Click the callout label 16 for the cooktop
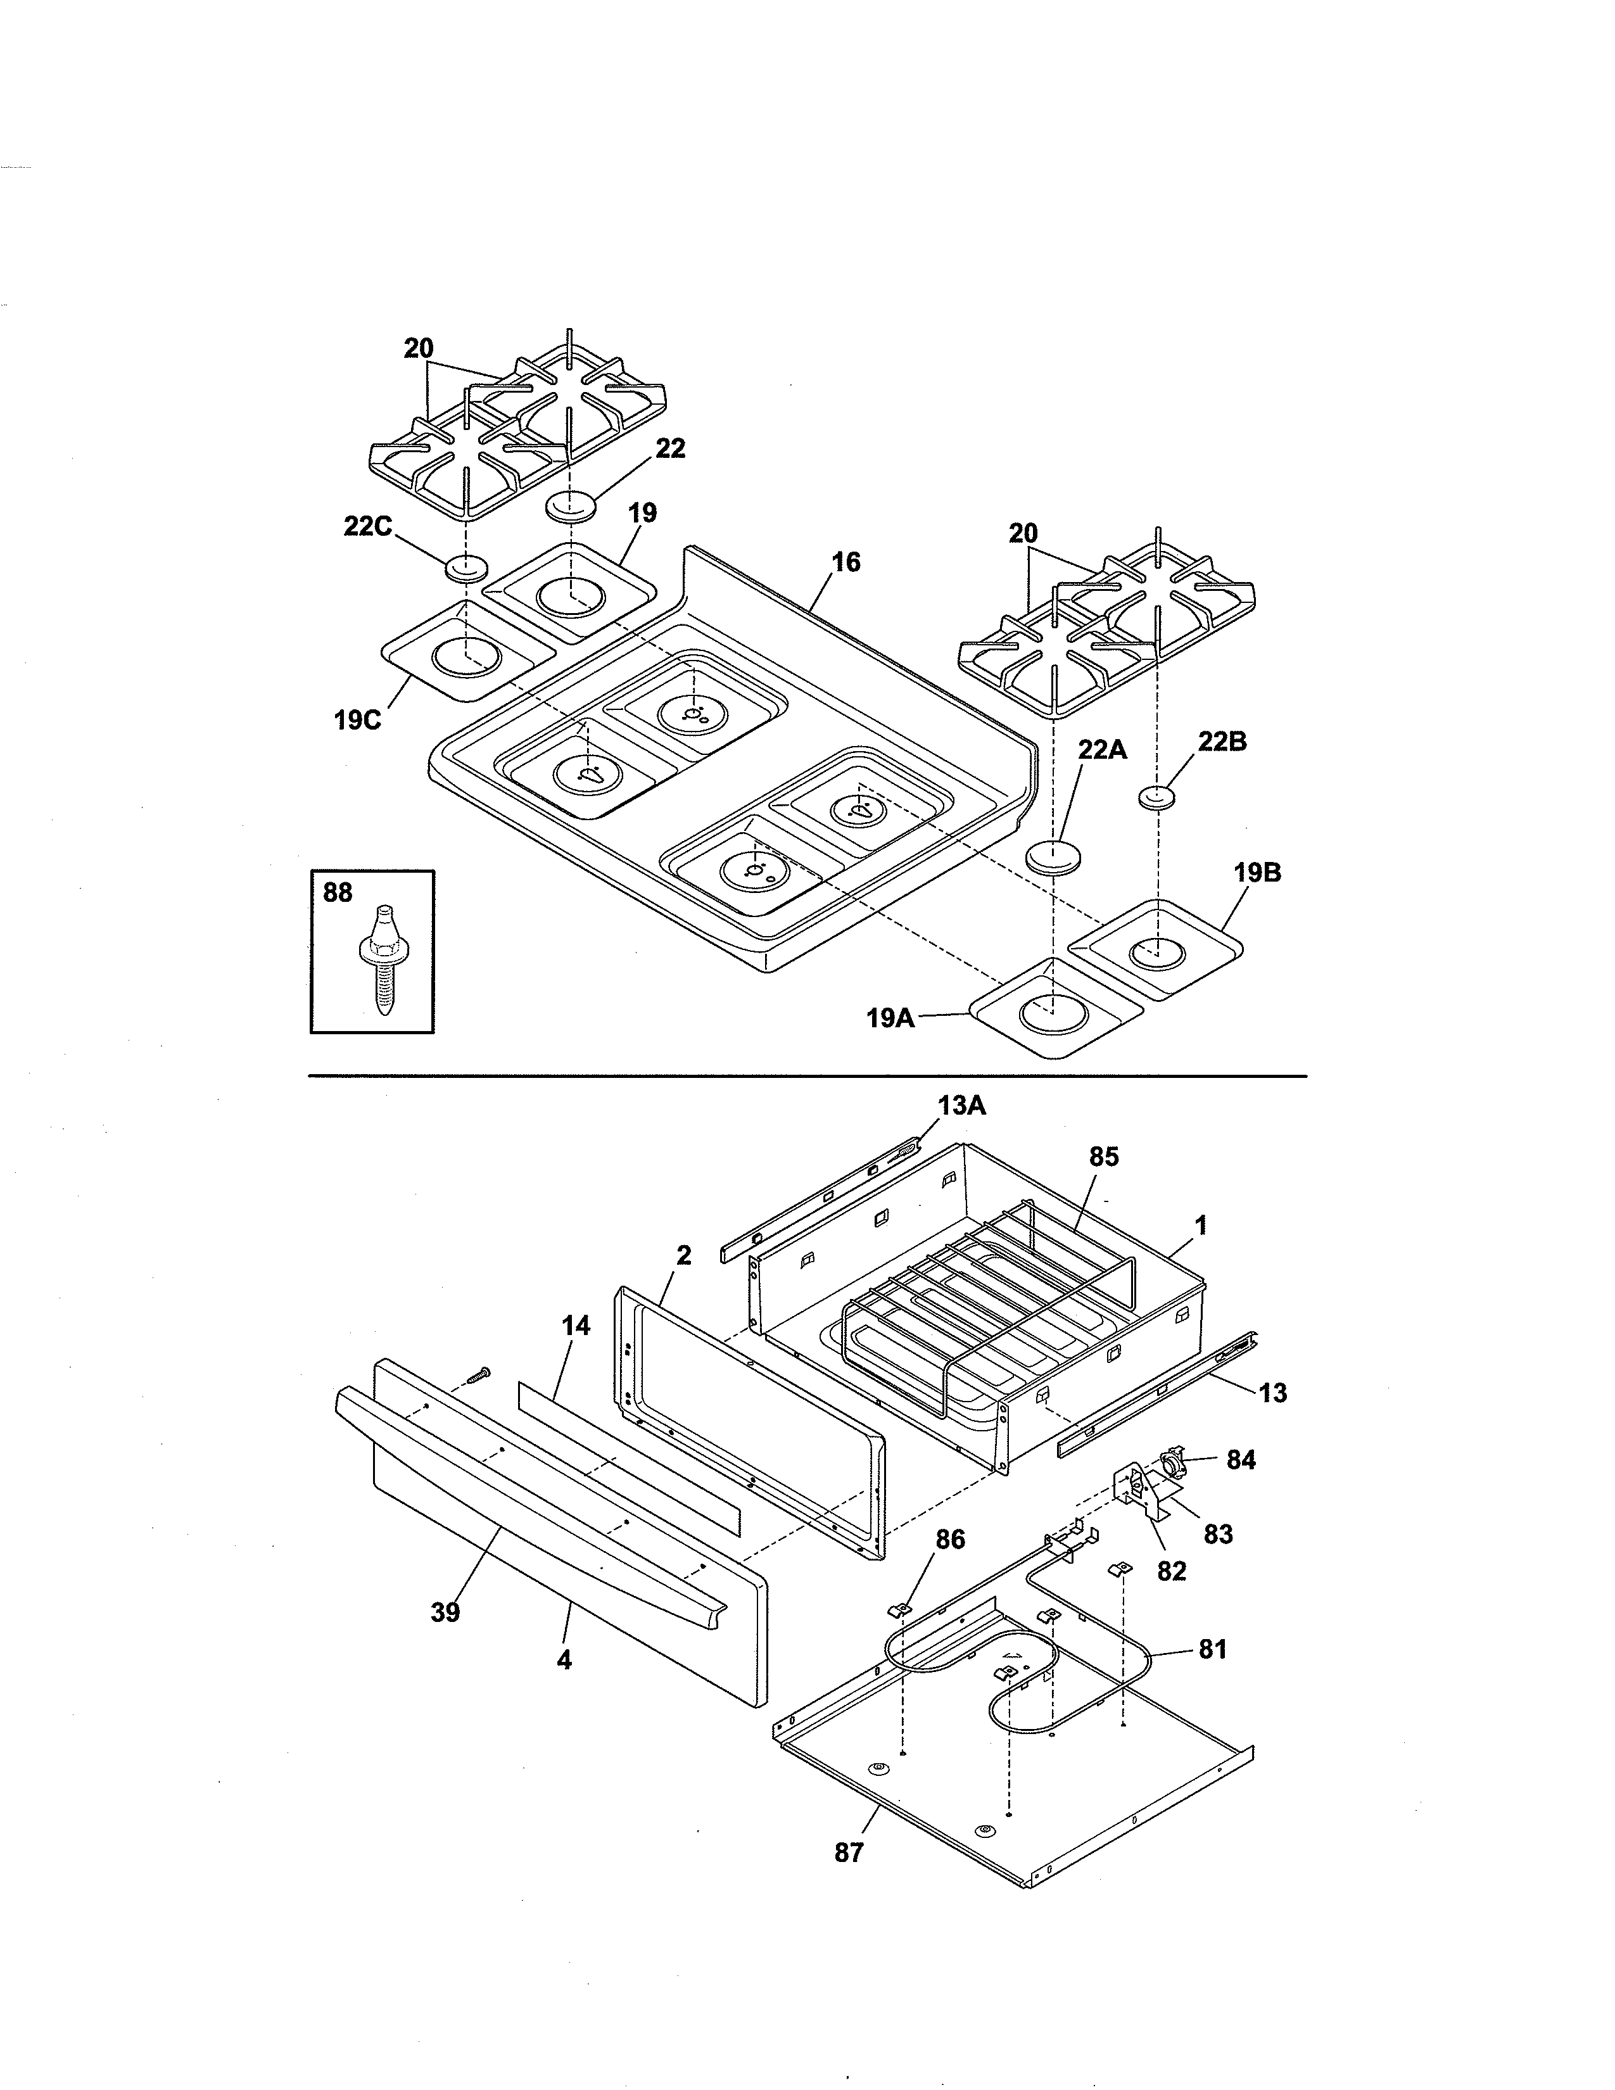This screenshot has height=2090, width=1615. point(845,562)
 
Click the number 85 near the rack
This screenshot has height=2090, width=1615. point(1103,1157)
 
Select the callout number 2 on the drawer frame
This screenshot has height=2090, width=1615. point(683,1255)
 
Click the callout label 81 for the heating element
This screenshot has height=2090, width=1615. point(1212,1649)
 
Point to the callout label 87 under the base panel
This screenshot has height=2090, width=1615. point(849,1852)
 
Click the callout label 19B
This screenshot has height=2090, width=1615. point(1257,873)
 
